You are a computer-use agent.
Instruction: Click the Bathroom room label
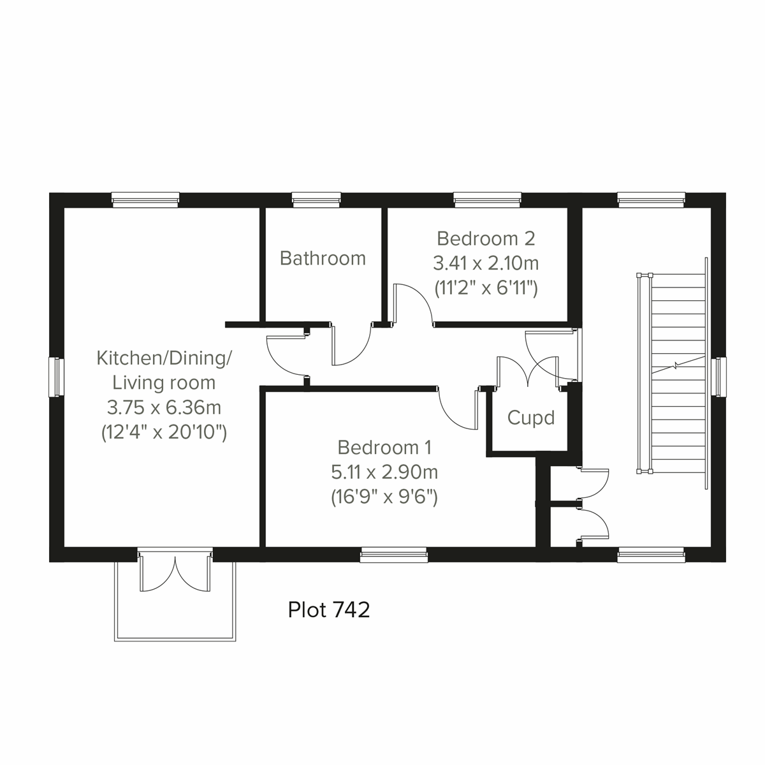pyautogui.click(x=323, y=258)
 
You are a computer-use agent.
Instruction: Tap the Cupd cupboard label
pyautogui.click(x=530, y=418)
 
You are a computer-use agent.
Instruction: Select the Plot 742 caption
pyautogui.click(x=329, y=610)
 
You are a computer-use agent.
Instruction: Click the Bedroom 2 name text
pyautogui.click(x=486, y=238)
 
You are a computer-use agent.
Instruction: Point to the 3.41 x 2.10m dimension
pyautogui.click(x=486, y=263)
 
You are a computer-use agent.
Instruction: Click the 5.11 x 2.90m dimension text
pyautogui.click(x=384, y=472)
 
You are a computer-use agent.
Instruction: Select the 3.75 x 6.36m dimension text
pyautogui.click(x=164, y=407)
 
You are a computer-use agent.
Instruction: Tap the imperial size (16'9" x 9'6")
pyautogui.click(x=384, y=497)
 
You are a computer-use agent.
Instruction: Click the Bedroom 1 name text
pyautogui.click(x=384, y=448)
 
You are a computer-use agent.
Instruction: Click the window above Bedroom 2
pyautogui.click(x=488, y=200)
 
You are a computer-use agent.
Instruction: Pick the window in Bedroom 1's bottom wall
pyautogui.click(x=393, y=555)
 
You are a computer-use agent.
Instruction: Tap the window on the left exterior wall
pyautogui.click(x=56, y=377)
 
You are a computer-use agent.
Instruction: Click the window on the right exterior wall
pyautogui.click(x=719, y=377)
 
